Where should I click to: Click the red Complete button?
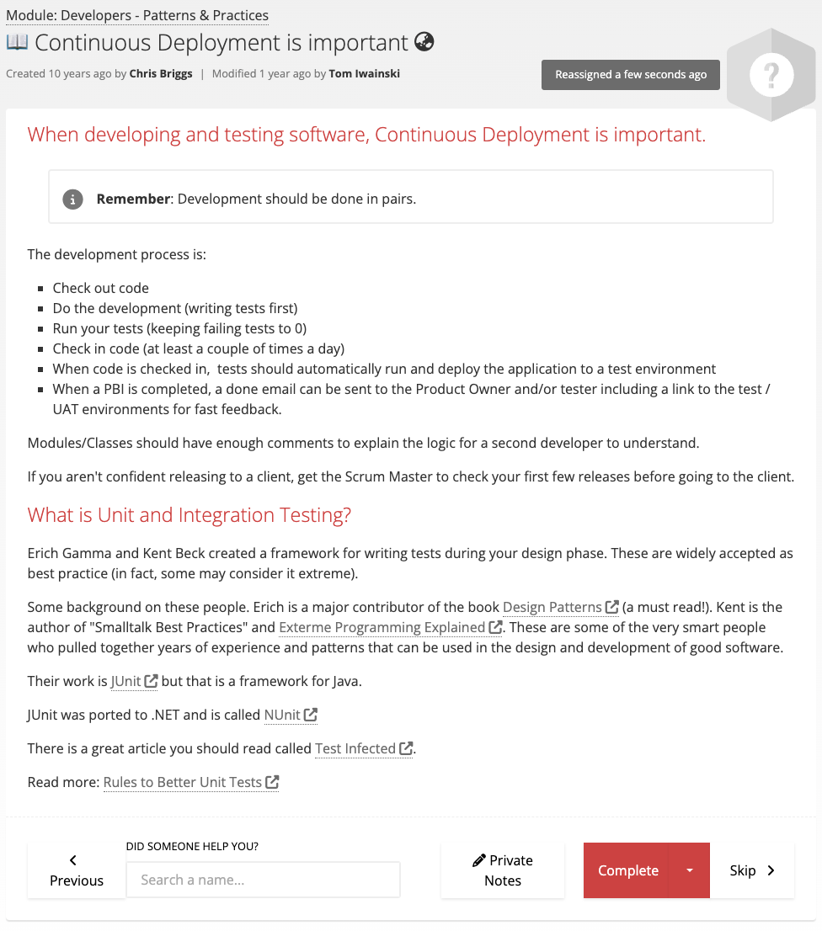point(627,870)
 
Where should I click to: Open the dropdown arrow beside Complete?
point(690,870)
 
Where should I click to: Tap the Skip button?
point(752,870)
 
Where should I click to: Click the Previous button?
point(77,870)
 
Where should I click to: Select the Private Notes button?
point(503,870)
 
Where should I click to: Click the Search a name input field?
point(263,880)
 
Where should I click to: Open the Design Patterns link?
point(552,607)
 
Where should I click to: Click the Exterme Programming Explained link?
point(382,627)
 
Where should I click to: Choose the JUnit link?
point(125,681)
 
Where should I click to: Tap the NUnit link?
point(282,715)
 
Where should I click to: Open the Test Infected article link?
point(355,748)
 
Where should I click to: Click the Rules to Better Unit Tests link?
point(183,782)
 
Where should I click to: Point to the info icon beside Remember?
point(73,199)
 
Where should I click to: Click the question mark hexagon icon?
point(771,76)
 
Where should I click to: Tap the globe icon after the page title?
point(424,41)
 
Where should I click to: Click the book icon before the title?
point(17,41)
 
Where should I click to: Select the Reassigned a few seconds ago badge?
point(631,74)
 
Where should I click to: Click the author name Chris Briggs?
point(161,73)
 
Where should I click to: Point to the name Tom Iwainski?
point(365,73)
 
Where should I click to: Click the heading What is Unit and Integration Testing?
point(189,515)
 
